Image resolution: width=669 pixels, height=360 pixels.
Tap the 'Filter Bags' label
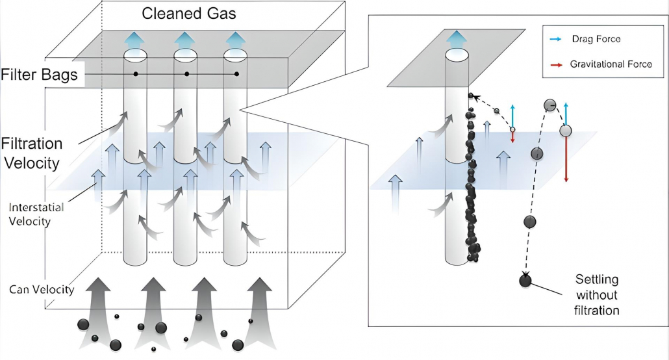pyautogui.click(x=40, y=75)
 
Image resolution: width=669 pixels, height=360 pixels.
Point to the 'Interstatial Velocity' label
pyautogui.click(x=40, y=214)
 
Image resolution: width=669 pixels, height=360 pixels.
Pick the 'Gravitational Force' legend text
pyautogui.click(x=611, y=64)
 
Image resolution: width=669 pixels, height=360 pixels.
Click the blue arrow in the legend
pyautogui.click(x=555, y=39)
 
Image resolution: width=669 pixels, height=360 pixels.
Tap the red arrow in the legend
pyautogui.click(x=555, y=64)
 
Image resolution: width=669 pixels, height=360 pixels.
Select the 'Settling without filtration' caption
pyautogui.click(x=598, y=294)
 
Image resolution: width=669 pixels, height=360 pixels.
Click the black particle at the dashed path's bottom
pyautogui.click(x=525, y=281)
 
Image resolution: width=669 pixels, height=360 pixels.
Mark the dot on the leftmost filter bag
pyautogui.click(x=136, y=74)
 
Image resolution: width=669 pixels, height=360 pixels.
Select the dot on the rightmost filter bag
pyautogui.click(x=236, y=74)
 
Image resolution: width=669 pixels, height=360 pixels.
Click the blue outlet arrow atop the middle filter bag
pyautogui.click(x=186, y=38)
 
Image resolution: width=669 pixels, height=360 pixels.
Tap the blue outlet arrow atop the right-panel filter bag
pyautogui.click(x=457, y=37)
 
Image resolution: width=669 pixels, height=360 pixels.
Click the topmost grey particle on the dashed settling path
pyautogui.click(x=549, y=105)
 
